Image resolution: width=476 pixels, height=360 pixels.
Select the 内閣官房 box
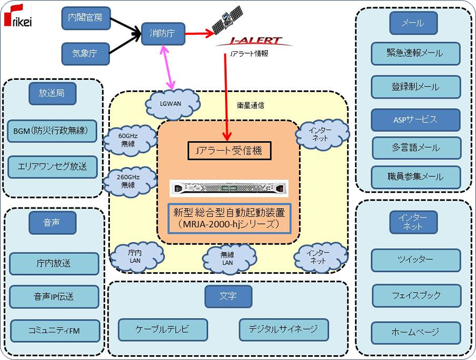point(85,18)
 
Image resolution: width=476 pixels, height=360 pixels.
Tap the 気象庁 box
point(85,54)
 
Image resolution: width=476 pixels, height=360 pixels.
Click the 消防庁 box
point(163,34)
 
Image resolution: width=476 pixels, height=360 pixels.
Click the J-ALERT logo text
point(256,41)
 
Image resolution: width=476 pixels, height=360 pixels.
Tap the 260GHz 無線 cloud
point(128,181)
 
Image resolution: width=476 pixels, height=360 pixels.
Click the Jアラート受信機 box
point(228,150)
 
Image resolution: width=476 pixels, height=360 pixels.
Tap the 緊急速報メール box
point(415,54)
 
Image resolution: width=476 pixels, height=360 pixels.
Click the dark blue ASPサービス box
point(415,120)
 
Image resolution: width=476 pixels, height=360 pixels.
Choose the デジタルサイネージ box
point(283,329)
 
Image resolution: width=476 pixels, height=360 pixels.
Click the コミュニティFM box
point(54,330)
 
